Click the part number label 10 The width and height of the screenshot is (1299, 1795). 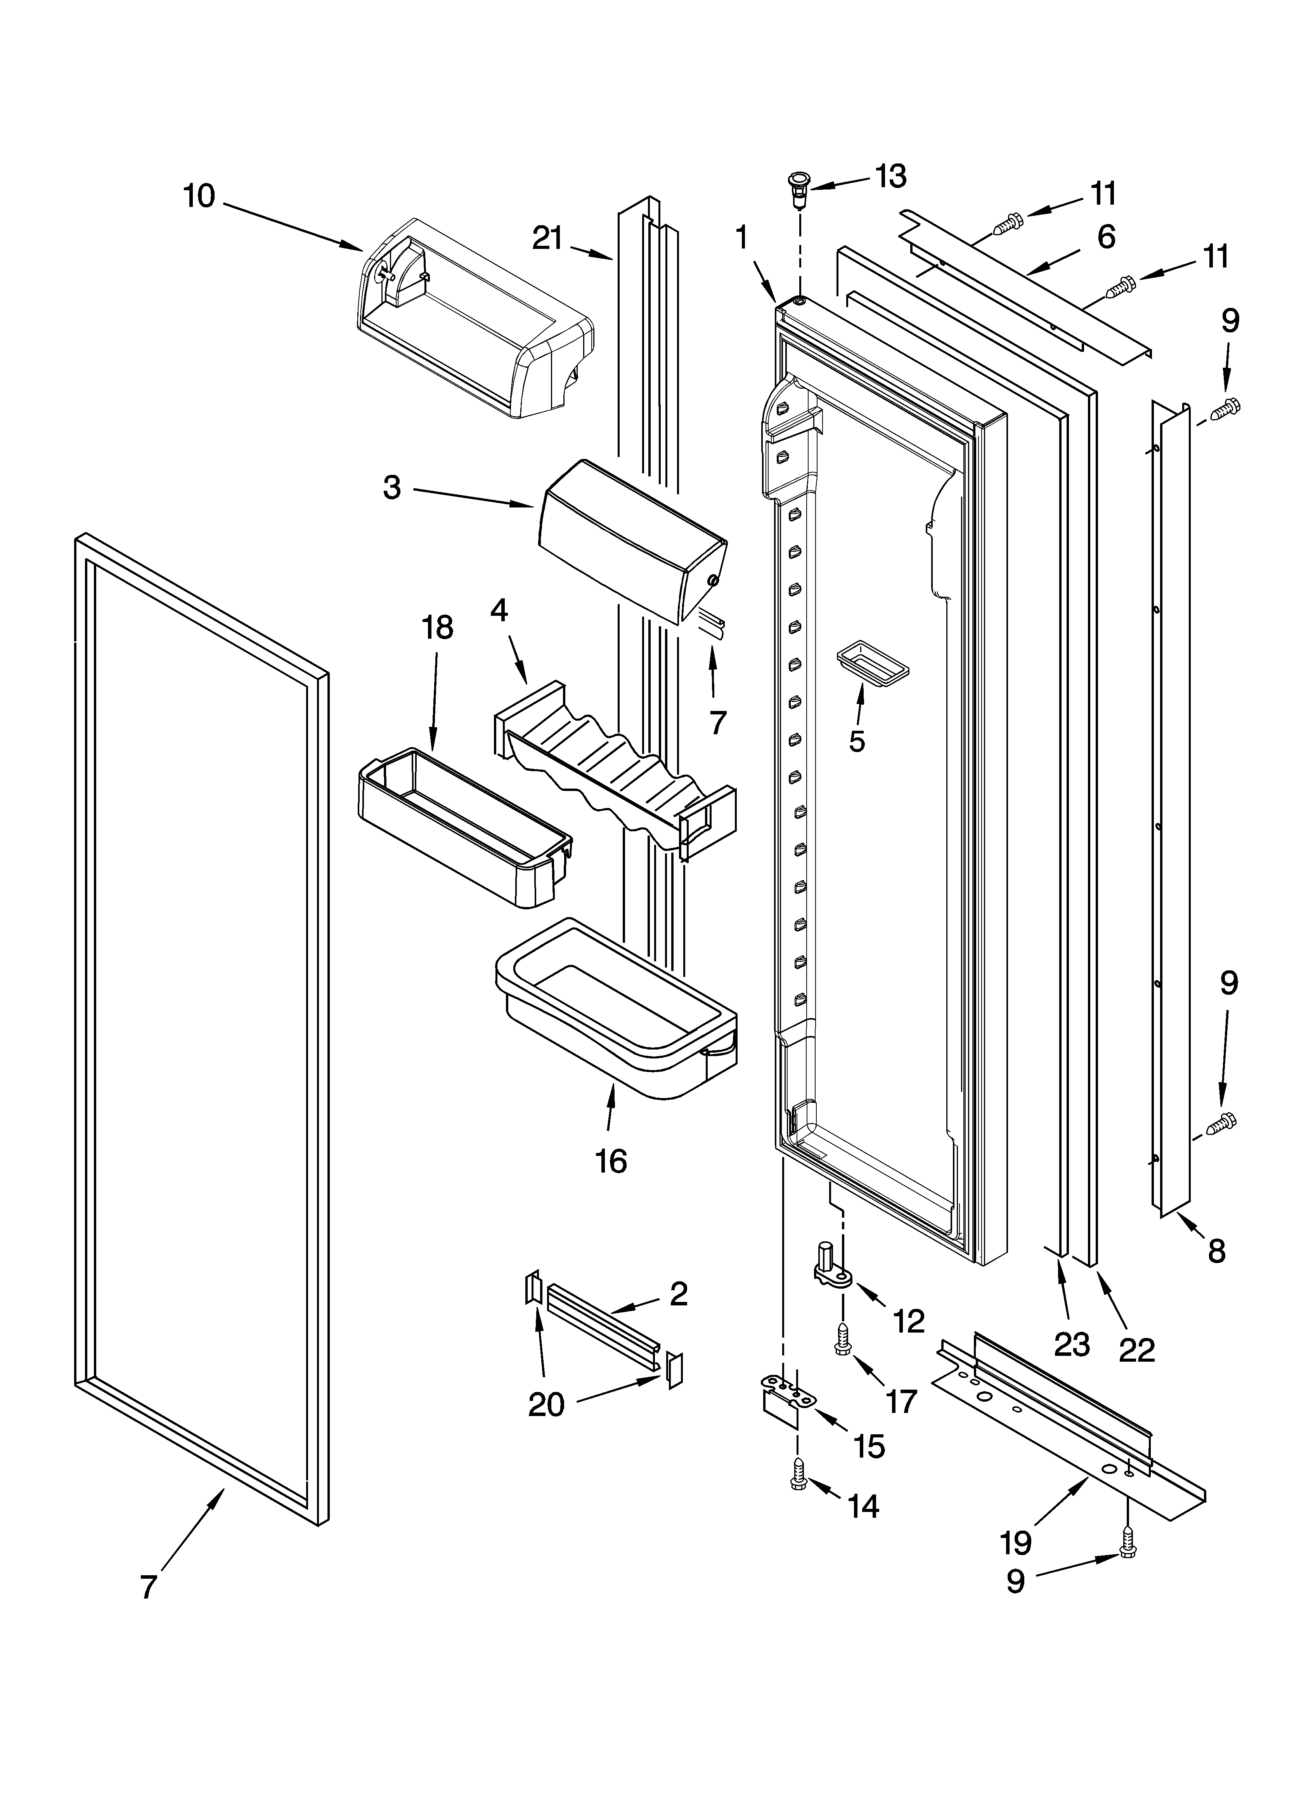tap(199, 195)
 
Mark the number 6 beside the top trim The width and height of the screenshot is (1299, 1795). tap(1106, 236)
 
